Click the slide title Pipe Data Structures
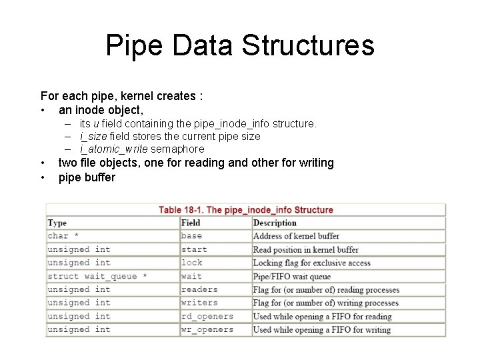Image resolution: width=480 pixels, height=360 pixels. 240,46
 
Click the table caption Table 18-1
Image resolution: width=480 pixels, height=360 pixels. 245,210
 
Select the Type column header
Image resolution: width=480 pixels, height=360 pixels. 57,223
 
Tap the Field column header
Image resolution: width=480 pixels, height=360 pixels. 191,223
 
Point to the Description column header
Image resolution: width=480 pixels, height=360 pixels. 275,223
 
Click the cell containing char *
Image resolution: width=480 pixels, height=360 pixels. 63,236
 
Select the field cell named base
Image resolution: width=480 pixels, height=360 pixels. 191,236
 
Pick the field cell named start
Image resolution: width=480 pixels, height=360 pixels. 194,249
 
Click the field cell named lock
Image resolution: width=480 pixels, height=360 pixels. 191,263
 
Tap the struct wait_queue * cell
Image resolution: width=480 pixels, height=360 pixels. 97,276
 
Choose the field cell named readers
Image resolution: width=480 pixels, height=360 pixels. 199,289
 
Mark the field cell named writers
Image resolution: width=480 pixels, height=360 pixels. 199,303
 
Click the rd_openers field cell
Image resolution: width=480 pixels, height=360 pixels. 207,316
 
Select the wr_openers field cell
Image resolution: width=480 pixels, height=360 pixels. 207,329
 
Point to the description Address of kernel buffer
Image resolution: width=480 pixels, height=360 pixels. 296,236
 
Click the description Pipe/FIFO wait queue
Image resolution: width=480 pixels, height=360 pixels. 291,276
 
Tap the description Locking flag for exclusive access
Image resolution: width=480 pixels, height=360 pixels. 311,263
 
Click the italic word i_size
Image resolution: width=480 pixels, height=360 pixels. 93,136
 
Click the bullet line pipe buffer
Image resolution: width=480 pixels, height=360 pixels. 87,177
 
